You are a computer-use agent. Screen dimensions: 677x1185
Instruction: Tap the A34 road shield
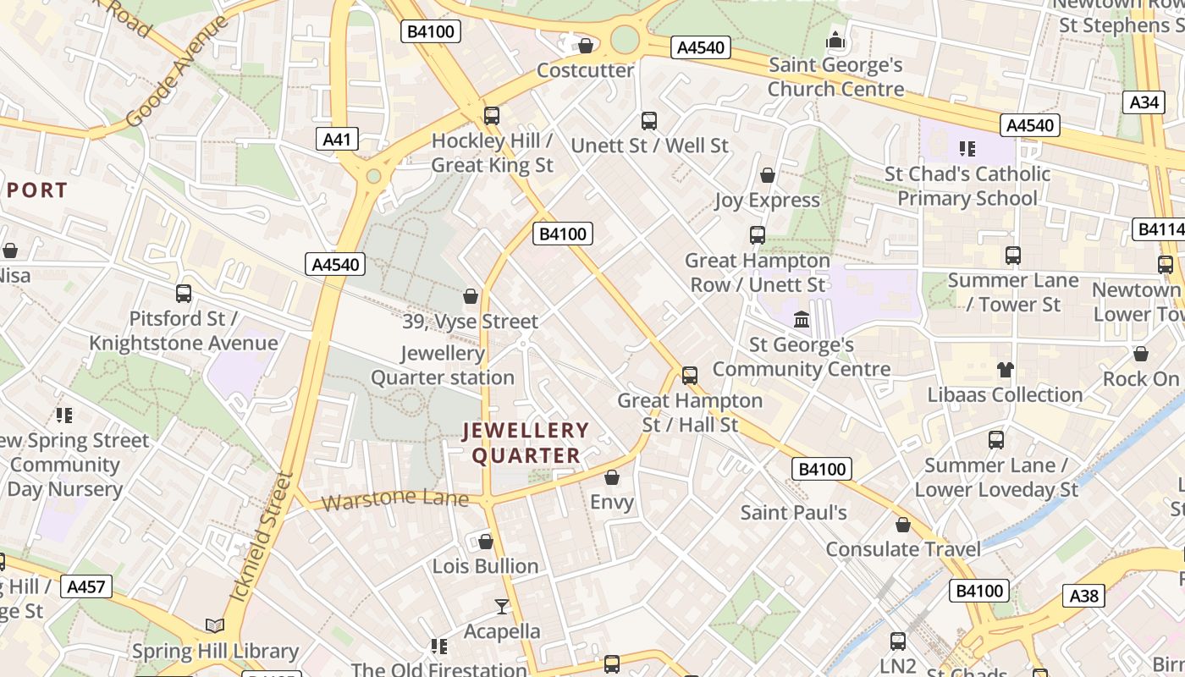pyautogui.click(x=1144, y=102)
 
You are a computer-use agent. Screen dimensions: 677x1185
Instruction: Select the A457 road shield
pyautogui.click(x=87, y=586)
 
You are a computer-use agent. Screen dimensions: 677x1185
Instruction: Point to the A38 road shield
pyautogui.click(x=1084, y=596)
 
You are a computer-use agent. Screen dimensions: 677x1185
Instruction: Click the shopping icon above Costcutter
pyautogui.click(x=585, y=46)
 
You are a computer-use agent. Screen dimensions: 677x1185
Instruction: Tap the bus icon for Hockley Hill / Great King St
pyautogui.click(x=492, y=116)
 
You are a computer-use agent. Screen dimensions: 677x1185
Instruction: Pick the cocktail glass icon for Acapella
pyautogui.click(x=502, y=607)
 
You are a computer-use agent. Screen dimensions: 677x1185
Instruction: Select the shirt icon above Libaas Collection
pyautogui.click(x=1005, y=370)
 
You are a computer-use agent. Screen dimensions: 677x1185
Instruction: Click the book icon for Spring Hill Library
pyautogui.click(x=215, y=626)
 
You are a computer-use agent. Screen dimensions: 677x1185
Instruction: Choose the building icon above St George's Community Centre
pyautogui.click(x=801, y=320)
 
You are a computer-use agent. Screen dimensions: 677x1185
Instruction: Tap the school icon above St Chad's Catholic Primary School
pyautogui.click(x=967, y=149)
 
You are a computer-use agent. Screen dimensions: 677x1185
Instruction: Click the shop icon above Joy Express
pyautogui.click(x=768, y=175)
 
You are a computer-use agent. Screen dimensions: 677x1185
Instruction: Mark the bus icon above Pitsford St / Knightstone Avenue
pyautogui.click(x=184, y=294)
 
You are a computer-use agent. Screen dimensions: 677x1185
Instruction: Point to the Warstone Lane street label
pyautogui.click(x=394, y=499)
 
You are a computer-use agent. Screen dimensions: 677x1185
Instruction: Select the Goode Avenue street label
pyautogui.click(x=176, y=72)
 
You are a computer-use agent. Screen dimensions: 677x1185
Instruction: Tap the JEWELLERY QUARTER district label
pyautogui.click(x=526, y=443)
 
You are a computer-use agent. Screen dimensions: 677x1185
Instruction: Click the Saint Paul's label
pyautogui.click(x=793, y=512)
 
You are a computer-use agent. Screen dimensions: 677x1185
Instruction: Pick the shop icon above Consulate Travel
pyautogui.click(x=903, y=525)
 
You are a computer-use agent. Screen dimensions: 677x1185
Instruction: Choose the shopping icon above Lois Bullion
pyautogui.click(x=486, y=542)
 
